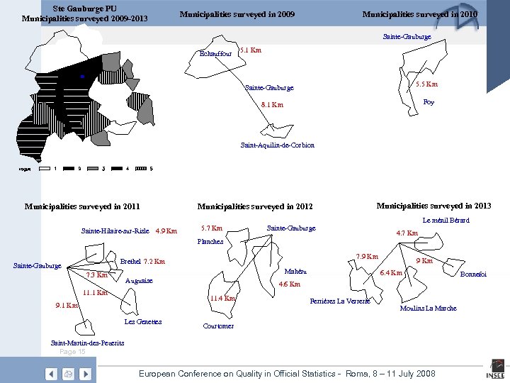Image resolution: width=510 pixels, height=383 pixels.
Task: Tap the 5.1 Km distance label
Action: (x=251, y=50)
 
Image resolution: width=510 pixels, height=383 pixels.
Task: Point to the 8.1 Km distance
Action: (x=271, y=105)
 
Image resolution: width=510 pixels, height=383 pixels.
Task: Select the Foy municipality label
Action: (x=429, y=102)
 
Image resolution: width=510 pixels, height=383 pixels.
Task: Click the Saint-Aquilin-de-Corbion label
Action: (x=278, y=145)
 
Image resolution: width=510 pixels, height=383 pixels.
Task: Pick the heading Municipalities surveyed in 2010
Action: (x=419, y=14)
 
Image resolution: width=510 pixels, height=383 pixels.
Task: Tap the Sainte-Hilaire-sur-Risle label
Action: (x=115, y=231)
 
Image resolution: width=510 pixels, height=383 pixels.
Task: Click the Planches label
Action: (x=210, y=241)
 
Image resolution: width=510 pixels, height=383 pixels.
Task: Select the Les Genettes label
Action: (x=142, y=322)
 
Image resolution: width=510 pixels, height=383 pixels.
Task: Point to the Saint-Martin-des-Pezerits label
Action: (x=87, y=343)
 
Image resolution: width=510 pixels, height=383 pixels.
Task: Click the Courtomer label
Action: (x=218, y=326)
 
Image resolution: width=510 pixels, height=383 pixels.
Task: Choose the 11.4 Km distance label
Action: (x=222, y=299)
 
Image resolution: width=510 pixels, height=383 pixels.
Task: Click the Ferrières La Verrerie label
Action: (x=341, y=301)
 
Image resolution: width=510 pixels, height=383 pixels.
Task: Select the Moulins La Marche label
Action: (x=428, y=309)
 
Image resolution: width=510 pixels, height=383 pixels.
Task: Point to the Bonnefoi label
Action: (x=473, y=274)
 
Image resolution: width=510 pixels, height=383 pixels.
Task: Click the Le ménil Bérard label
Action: (x=446, y=221)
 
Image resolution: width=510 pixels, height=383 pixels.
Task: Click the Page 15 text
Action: (x=73, y=352)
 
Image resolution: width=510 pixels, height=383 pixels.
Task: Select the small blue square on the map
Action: (x=82, y=75)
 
